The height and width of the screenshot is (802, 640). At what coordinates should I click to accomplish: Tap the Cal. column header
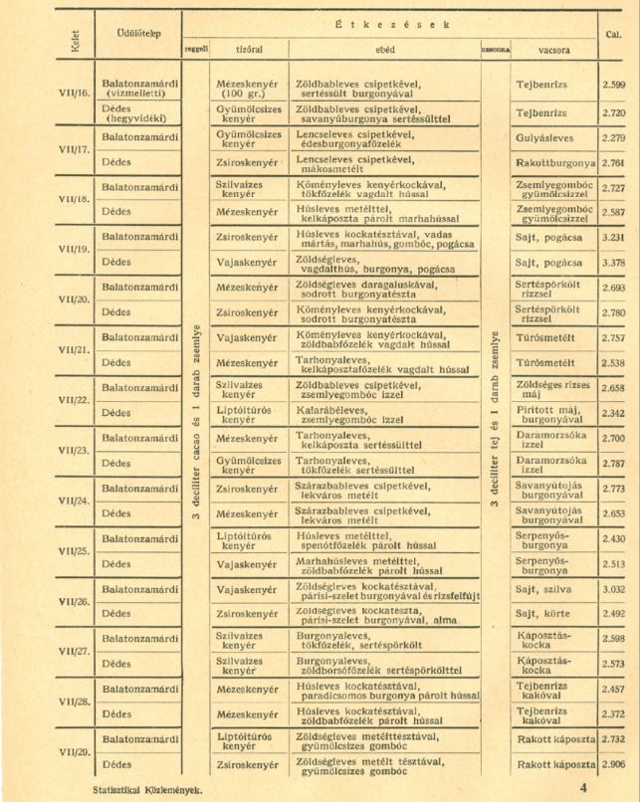614,34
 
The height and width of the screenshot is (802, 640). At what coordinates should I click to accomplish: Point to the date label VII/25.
74,552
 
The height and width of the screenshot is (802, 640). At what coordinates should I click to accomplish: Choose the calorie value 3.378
614,263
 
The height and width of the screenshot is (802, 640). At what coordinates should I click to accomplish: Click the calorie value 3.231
614,239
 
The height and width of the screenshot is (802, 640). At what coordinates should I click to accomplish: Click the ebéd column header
387,48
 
